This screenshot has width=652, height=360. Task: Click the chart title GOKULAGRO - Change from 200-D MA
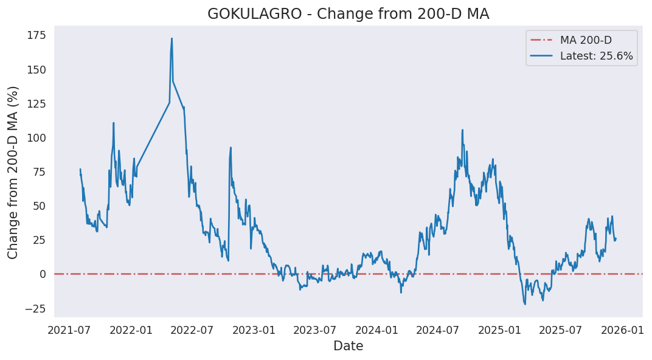pyautogui.click(x=348, y=14)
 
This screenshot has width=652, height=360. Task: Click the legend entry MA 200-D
pyautogui.click(x=586, y=41)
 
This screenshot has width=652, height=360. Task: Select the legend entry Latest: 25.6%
pyautogui.click(x=596, y=57)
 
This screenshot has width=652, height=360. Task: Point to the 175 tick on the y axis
pyautogui.click(x=36, y=35)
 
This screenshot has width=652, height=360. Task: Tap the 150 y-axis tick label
pyautogui.click(x=36, y=70)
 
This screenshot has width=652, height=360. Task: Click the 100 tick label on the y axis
pyautogui.click(x=36, y=138)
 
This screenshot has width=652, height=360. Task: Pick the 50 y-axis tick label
pyautogui.click(x=39, y=206)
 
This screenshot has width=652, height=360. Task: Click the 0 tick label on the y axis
pyautogui.click(x=43, y=274)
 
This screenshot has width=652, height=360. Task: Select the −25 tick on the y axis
pyautogui.click(x=36, y=309)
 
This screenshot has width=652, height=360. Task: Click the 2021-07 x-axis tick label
pyautogui.click(x=70, y=330)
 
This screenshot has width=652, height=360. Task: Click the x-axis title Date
pyautogui.click(x=348, y=347)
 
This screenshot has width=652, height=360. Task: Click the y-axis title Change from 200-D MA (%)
pyautogui.click(x=13, y=172)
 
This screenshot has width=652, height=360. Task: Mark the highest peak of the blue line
pyautogui.click(x=172, y=38)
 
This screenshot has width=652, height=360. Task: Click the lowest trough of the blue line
pyautogui.click(x=525, y=304)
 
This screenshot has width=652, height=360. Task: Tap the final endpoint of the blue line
pyautogui.click(x=616, y=238)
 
